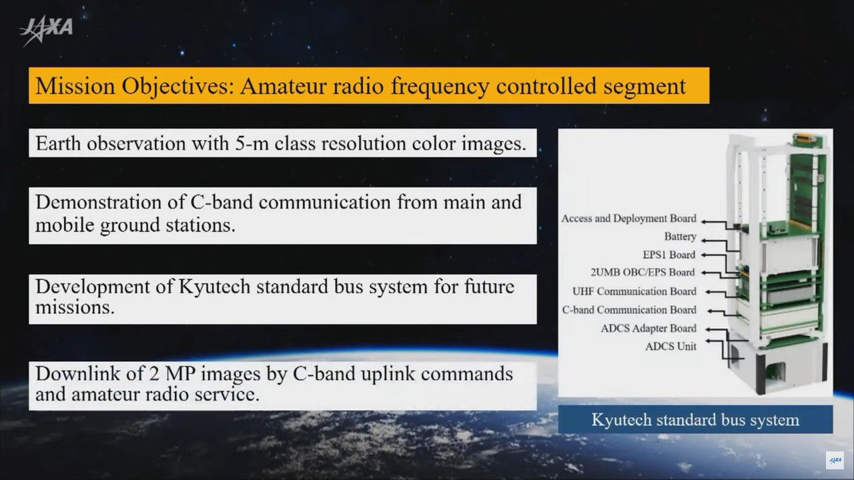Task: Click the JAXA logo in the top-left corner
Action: tap(46, 31)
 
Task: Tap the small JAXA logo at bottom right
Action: tap(835, 460)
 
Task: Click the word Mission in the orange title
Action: tap(75, 86)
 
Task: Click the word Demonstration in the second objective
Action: tap(99, 202)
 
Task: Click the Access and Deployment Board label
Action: tap(629, 219)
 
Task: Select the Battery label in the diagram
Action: tap(681, 237)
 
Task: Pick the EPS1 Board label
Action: tap(669, 255)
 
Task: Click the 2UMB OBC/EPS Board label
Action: tap(643, 273)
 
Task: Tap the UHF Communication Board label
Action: tap(634, 291)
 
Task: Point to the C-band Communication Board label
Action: tap(629, 310)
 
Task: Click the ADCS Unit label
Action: tap(671, 346)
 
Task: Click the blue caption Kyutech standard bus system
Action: tap(695, 420)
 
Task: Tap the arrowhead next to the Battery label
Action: tap(704, 241)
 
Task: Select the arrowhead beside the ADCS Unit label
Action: tap(708, 341)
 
